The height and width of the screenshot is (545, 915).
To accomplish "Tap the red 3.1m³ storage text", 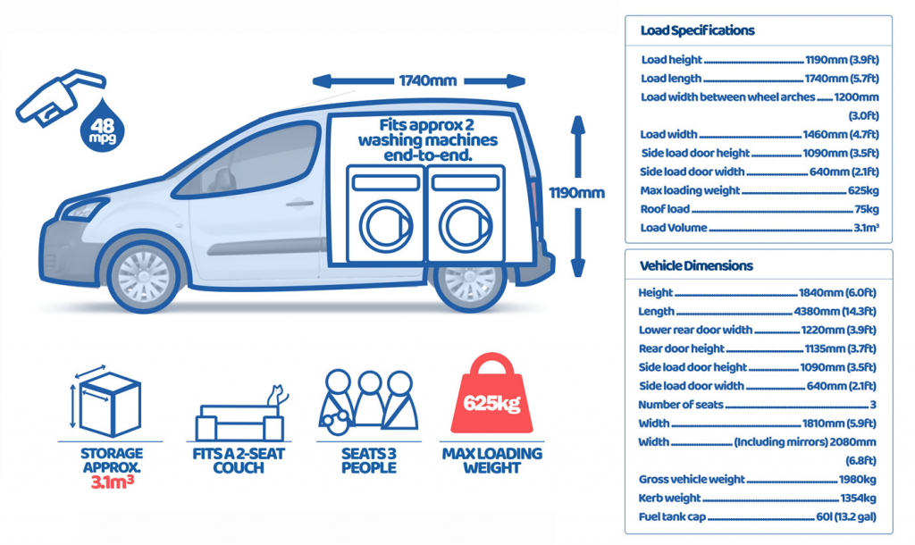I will pyautogui.click(x=110, y=482).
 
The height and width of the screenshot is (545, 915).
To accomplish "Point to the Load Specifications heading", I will pyautogui.click(x=697, y=30).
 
